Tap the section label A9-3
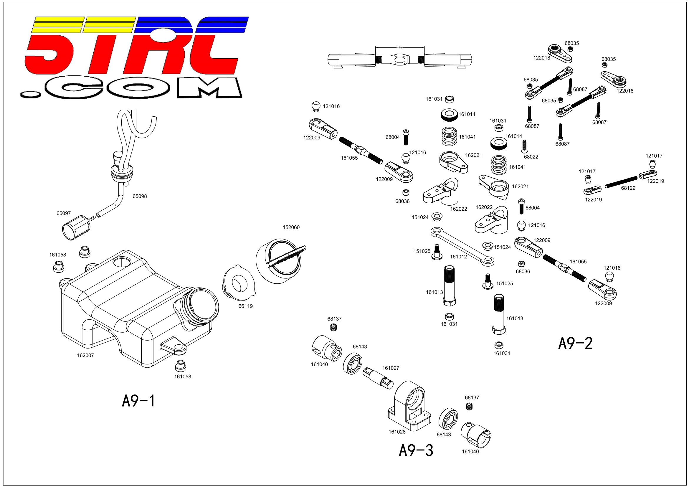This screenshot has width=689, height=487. pyautogui.click(x=416, y=450)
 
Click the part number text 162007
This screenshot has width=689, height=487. pyautogui.click(x=85, y=355)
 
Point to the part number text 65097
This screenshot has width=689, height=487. pyautogui.click(x=64, y=213)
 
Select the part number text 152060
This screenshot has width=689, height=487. pyautogui.click(x=291, y=227)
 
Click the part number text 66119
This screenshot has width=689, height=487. pyautogui.click(x=245, y=306)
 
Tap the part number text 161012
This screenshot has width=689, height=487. pyautogui.click(x=459, y=257)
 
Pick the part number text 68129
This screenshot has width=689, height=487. pyautogui.click(x=628, y=188)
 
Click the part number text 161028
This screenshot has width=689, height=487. pyautogui.click(x=397, y=432)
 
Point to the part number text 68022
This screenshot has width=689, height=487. pyautogui.click(x=531, y=157)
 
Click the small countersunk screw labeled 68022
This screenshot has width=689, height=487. pyautogui.click(x=525, y=146)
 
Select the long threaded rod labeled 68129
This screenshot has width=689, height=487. pyautogui.click(x=621, y=182)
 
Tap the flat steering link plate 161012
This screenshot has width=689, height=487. pyautogui.click(x=462, y=247)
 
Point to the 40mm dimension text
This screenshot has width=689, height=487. pyautogui.click(x=400, y=47)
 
